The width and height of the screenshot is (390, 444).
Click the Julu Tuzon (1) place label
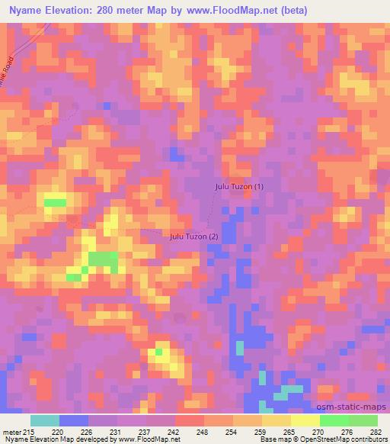[x=238, y=186]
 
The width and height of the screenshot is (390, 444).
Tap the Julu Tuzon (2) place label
[x=193, y=236]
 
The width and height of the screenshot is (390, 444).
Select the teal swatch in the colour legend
[x=45, y=420]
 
